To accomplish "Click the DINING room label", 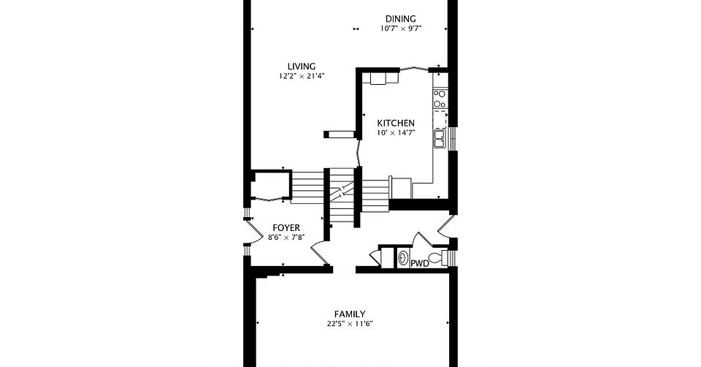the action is [401, 19].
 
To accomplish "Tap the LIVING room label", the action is [302, 67].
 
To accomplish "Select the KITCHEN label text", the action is [396, 123].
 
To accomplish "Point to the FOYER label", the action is [286, 228].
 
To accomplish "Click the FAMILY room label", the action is [350, 314].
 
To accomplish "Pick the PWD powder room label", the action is [420, 264].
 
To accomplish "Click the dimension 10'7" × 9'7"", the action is [401, 29].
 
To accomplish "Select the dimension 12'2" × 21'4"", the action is [302, 76].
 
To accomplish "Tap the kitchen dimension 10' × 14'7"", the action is [396, 132].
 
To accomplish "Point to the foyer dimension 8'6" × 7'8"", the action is [286, 238].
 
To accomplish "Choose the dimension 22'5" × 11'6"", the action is [350, 324].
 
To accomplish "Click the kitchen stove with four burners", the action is [440, 99].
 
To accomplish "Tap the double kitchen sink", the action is [440, 138].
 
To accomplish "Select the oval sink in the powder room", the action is [403, 258].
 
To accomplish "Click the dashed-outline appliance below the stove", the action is [440, 118].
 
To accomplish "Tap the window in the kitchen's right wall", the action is [453, 139].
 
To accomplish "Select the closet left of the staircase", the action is [270, 185].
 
